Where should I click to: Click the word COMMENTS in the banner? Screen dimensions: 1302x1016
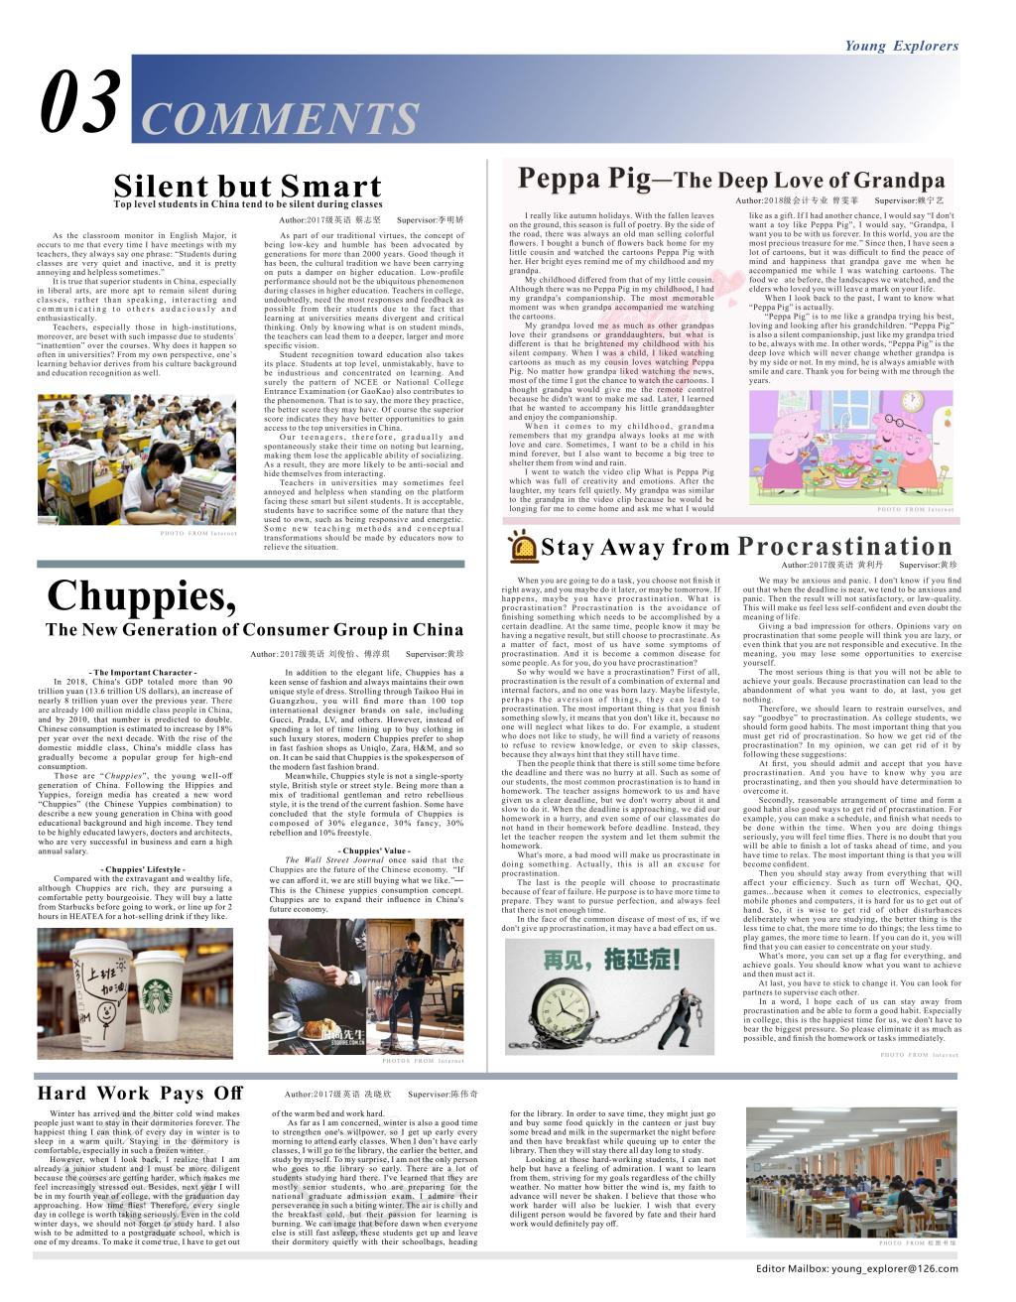pyautogui.click(x=281, y=119)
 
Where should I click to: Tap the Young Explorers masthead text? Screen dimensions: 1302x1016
pyautogui.click(x=901, y=46)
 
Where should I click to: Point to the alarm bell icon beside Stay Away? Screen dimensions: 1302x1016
pyautogui.click(x=521, y=547)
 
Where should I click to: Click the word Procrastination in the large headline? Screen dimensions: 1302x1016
pyautogui.click(x=845, y=546)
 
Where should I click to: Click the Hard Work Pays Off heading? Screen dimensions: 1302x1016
pyautogui.click(x=139, y=1094)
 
